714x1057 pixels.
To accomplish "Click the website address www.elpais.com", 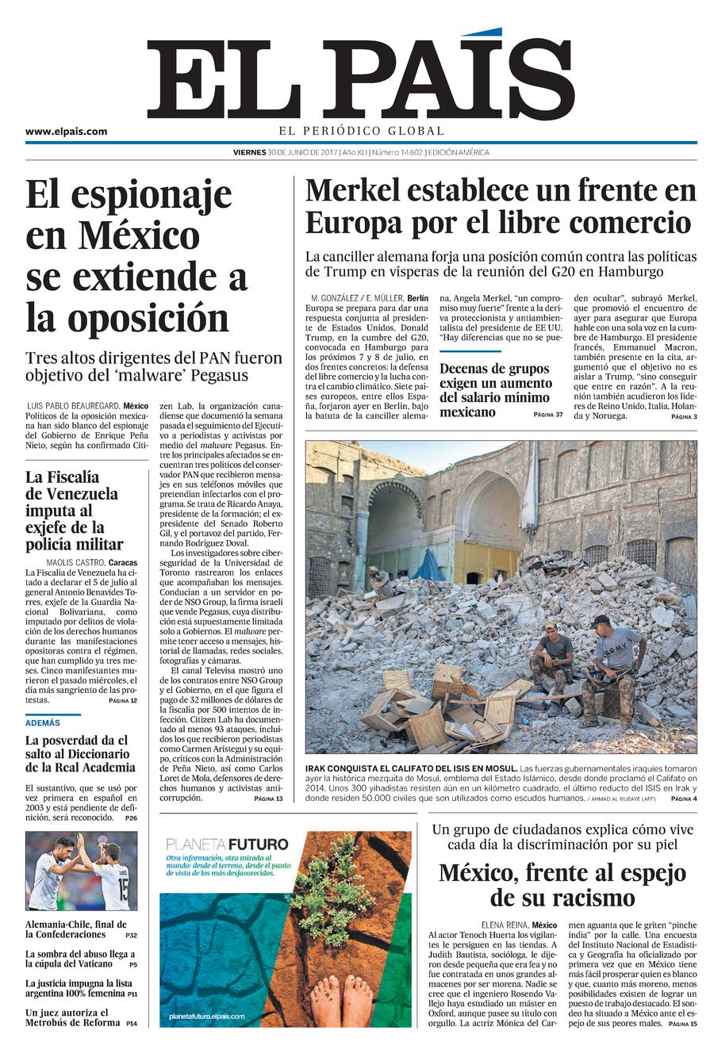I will coord(66,132).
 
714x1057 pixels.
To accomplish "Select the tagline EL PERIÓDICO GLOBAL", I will coord(361,131).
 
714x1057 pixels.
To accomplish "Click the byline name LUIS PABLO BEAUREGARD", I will coord(73,405).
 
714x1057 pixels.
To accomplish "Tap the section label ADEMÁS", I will coord(43,722).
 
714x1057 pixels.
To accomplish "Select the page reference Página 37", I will coord(547,415).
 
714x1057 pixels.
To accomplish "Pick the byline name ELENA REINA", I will coord(505,925).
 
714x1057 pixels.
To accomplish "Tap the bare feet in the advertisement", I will coord(341,999).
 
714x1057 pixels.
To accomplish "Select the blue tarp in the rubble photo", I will coord(428,565).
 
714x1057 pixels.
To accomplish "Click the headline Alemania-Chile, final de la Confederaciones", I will coord(75,929).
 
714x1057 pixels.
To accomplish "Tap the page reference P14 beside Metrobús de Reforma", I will coord(131,1024).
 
